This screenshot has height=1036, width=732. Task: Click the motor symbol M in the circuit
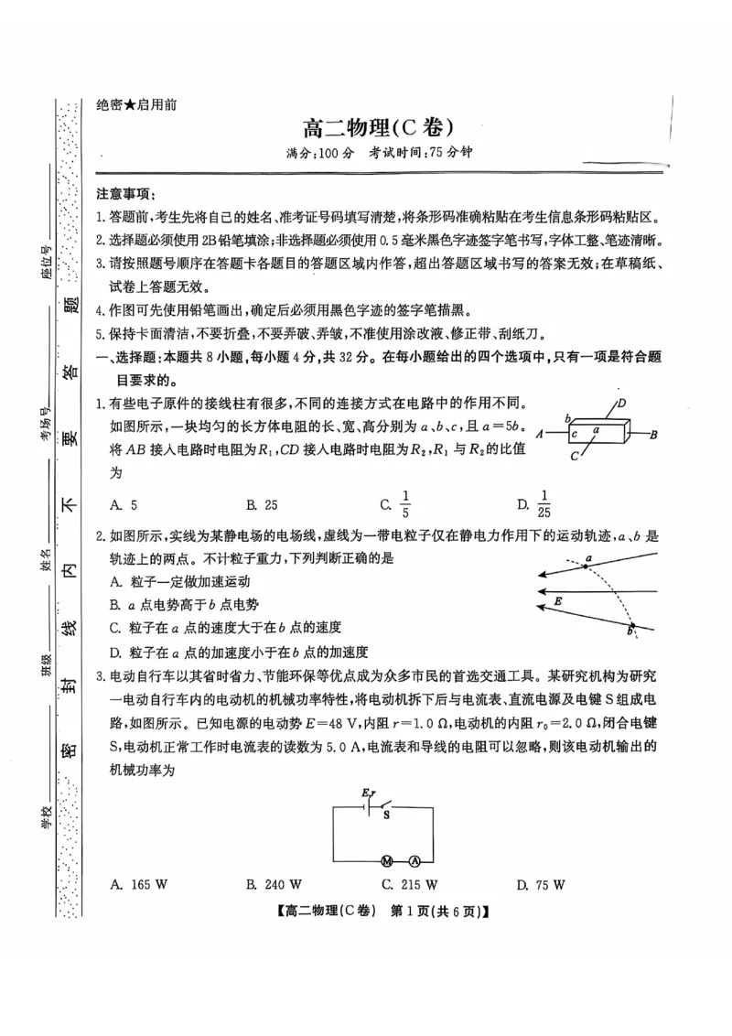tap(387, 861)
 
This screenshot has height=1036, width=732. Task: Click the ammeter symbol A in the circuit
tap(414, 861)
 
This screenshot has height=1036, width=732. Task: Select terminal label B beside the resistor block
tap(653, 435)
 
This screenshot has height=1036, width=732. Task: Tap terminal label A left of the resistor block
tap(541, 435)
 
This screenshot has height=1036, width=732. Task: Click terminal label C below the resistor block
tap(574, 455)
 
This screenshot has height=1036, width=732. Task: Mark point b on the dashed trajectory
tap(631, 630)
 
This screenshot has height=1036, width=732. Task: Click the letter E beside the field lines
tap(558, 601)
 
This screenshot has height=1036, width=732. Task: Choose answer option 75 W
tap(549, 885)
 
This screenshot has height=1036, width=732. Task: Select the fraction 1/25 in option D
tap(544, 503)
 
